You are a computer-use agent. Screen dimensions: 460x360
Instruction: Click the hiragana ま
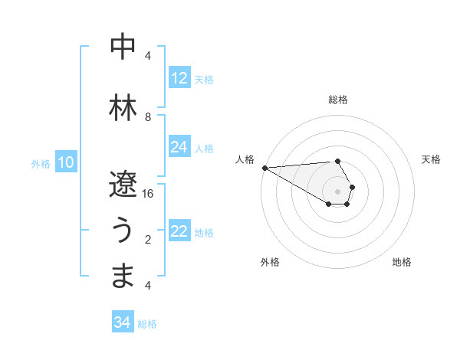pos(123,276)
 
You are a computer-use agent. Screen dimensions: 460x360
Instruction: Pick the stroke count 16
pos(148,193)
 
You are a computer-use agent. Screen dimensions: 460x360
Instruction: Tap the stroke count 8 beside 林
pos(148,116)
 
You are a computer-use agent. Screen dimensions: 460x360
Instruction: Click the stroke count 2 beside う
pos(148,240)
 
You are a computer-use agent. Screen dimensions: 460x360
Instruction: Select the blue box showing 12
pos(179,78)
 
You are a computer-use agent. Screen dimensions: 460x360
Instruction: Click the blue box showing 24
pos(179,147)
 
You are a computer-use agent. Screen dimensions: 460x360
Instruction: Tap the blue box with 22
pos(179,231)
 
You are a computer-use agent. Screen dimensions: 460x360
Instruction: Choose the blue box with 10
pos(66,162)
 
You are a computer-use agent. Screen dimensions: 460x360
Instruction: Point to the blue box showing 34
pos(122,322)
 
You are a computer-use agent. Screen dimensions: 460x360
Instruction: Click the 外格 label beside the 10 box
pos(41,163)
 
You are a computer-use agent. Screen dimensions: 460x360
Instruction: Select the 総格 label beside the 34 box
pos(147,324)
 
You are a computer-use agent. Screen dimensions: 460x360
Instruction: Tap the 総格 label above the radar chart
pos(337,100)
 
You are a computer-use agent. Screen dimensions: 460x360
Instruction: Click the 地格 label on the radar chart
pos(402,262)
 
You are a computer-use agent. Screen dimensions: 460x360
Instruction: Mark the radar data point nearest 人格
pos(264,167)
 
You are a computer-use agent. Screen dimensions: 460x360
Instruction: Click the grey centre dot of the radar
pos(337,191)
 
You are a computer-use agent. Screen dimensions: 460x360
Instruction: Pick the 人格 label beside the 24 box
pos(204,148)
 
